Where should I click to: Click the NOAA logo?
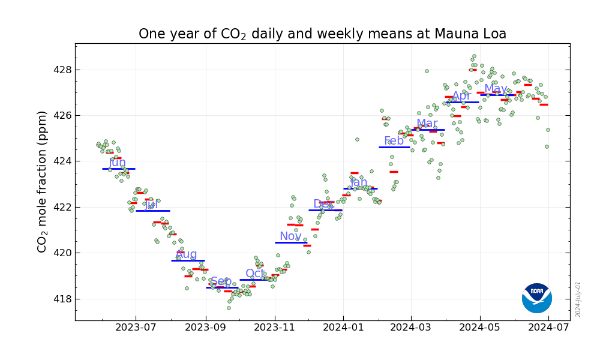[x=536, y=298]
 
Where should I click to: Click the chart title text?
[x=322, y=34]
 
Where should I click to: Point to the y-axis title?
[x=43, y=181]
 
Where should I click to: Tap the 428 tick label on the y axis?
[x=62, y=70]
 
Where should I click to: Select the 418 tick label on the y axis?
[x=62, y=299]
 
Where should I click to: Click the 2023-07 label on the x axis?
[x=136, y=328]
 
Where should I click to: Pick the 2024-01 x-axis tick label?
[x=343, y=328]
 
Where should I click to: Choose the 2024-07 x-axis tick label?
[x=548, y=328]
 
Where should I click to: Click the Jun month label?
[x=117, y=163]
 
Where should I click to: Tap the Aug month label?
[x=186, y=254]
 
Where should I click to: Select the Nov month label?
[x=290, y=236]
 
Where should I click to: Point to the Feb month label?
[x=394, y=141]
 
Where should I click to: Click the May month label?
[x=496, y=89]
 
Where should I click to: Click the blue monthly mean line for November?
[x=291, y=242]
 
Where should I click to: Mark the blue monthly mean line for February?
[x=394, y=147]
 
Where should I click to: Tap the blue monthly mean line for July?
[x=152, y=211]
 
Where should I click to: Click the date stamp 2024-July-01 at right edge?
[x=578, y=299]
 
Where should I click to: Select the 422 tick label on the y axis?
[x=62, y=207]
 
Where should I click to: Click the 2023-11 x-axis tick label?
[x=275, y=328]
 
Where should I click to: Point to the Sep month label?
[x=221, y=281]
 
